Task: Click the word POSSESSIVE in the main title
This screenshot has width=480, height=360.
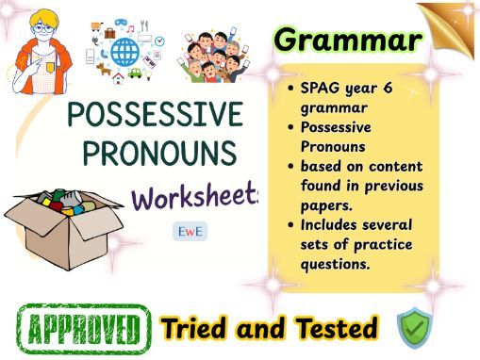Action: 156,116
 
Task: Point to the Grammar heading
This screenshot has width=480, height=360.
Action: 347,40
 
